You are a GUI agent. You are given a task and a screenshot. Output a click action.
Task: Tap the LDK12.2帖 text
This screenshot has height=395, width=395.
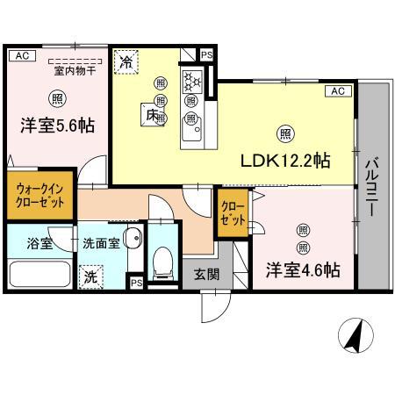click(285, 161)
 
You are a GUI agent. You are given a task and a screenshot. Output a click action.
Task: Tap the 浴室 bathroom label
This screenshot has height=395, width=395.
click(39, 243)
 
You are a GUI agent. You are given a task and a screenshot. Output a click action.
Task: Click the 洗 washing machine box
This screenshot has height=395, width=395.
click(91, 276)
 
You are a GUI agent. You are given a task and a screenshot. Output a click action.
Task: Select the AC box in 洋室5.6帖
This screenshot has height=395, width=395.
click(22, 55)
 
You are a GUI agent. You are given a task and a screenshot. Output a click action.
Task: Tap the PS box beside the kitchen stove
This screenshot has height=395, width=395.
click(206, 55)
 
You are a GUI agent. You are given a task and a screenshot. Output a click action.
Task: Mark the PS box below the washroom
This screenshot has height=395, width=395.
click(136, 283)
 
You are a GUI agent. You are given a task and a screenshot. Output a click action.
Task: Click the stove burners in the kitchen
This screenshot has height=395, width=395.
click(191, 81)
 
